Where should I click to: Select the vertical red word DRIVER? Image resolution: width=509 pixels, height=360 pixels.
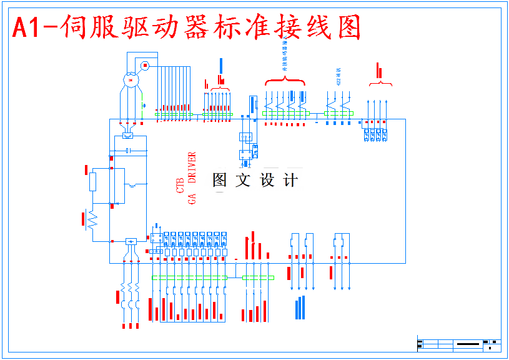(192, 167)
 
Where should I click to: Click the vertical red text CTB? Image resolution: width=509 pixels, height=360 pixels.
(180, 185)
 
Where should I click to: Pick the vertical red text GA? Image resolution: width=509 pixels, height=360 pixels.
(192, 199)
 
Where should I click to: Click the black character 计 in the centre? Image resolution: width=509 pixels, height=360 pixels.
(290, 181)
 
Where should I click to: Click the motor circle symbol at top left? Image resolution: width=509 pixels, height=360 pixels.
(131, 79)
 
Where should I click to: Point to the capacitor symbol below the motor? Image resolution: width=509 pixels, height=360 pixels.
(127, 151)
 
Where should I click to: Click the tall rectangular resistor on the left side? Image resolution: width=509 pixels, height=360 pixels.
(93, 182)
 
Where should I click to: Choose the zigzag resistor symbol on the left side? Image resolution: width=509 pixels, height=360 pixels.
(93, 221)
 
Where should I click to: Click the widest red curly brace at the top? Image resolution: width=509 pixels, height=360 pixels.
(285, 82)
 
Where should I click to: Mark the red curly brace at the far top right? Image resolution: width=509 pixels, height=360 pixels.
(380, 83)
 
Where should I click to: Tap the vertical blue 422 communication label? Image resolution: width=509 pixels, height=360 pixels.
(339, 75)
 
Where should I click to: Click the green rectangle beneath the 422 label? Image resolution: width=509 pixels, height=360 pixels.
(339, 114)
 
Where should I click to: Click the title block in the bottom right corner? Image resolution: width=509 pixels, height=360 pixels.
(459, 344)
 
